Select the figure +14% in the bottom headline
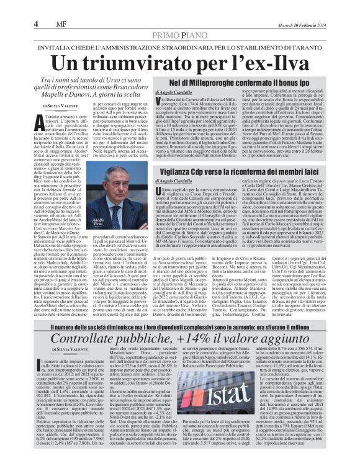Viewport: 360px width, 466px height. point(220,339)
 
